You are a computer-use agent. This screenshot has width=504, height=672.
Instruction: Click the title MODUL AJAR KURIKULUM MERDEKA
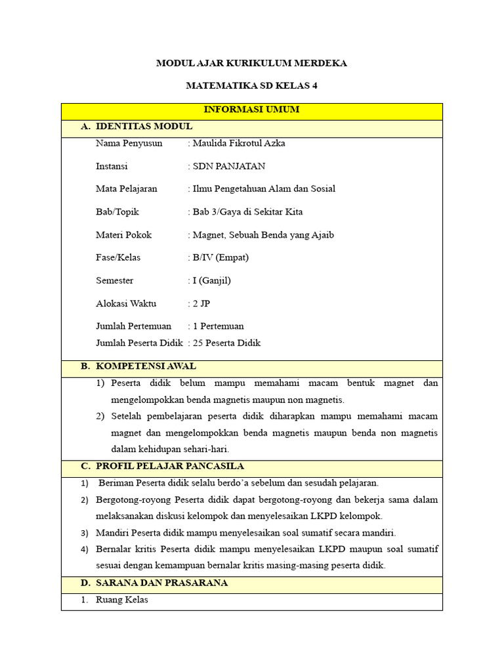[251, 64]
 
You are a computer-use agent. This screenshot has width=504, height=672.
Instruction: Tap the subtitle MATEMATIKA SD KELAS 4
[251, 86]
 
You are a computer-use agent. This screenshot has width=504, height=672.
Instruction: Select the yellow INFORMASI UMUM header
[251, 110]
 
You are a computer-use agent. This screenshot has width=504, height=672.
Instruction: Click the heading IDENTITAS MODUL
[144, 127]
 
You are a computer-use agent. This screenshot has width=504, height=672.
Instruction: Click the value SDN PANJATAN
[228, 166]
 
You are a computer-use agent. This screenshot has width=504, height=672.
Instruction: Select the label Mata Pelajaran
[127, 189]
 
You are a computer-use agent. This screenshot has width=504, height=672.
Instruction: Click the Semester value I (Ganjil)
[211, 281]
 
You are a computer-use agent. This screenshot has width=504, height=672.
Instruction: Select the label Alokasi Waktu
[126, 304]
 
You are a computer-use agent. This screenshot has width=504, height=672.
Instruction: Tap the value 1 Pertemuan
[218, 326]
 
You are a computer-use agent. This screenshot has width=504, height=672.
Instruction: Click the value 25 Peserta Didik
[226, 343]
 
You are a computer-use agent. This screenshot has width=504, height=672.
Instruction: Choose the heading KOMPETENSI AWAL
[146, 366]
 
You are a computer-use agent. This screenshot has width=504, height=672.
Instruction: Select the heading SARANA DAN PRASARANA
[161, 583]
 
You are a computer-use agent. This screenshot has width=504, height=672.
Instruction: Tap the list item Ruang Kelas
[122, 600]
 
